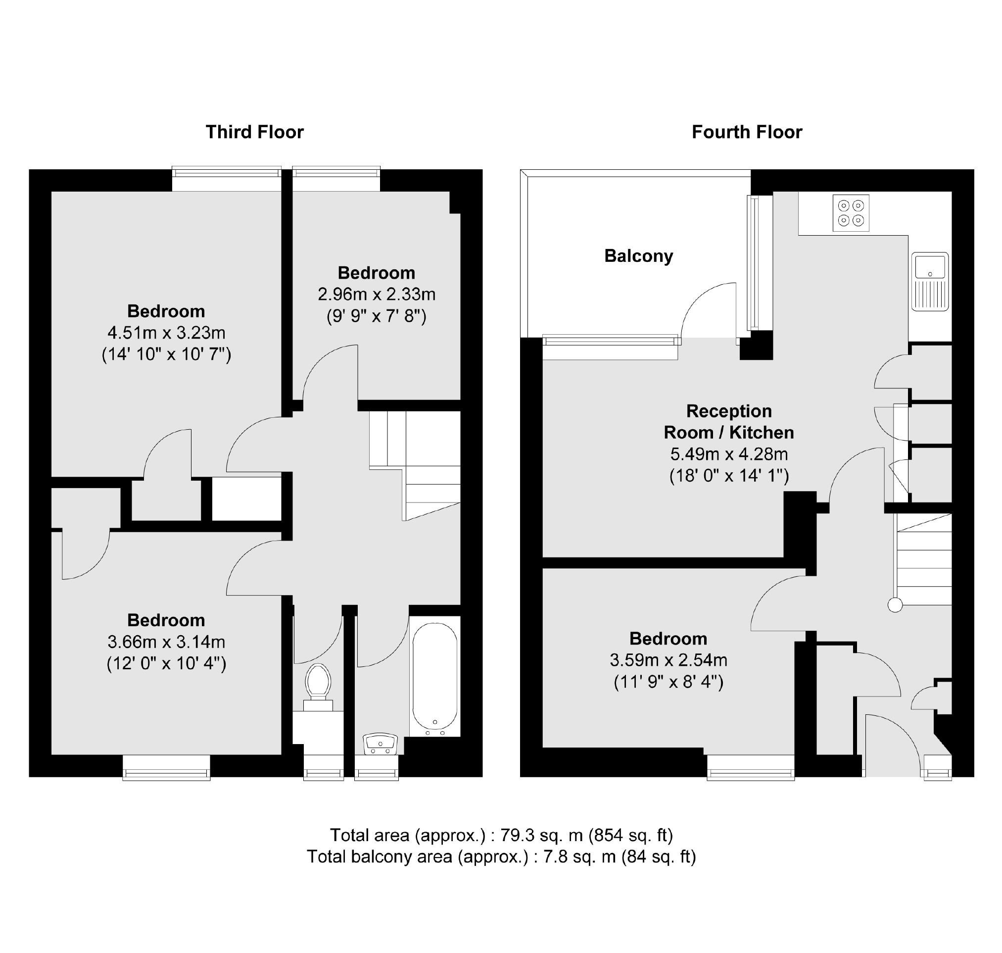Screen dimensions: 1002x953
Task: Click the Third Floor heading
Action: click(254, 132)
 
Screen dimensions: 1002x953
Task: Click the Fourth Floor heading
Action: click(747, 132)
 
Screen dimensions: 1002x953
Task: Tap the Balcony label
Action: click(638, 255)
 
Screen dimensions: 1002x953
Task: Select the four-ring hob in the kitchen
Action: click(851, 213)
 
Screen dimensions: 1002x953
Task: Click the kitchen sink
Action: click(930, 281)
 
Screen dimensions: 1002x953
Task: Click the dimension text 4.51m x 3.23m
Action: click(166, 333)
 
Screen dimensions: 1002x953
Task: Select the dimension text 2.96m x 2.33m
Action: click(377, 294)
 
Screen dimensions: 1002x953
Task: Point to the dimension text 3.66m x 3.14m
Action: click(166, 642)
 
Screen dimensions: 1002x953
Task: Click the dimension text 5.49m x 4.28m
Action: click(729, 453)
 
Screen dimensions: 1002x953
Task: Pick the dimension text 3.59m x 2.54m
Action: click(668, 660)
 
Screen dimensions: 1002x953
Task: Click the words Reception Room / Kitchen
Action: click(729, 422)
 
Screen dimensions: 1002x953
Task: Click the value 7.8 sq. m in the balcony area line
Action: click(579, 857)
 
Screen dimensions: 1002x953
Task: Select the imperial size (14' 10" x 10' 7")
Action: click(166, 354)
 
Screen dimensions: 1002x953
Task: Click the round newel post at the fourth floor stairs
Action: click(895, 605)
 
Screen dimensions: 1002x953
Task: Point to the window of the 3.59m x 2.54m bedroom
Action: click(751, 767)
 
